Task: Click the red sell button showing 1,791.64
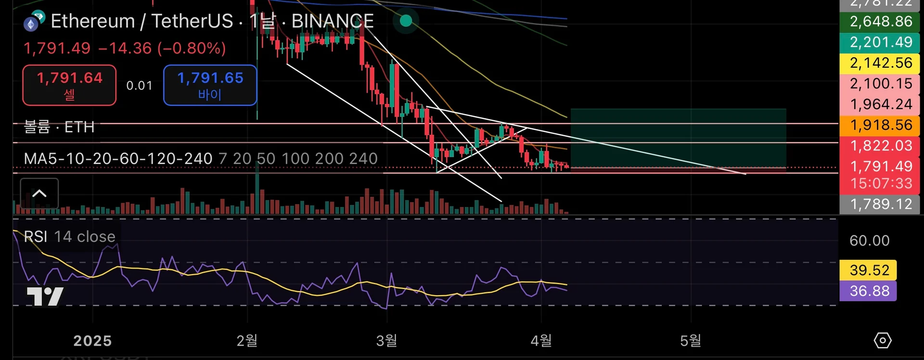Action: click(x=69, y=85)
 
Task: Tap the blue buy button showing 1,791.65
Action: click(x=210, y=85)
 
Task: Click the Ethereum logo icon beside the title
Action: click(x=31, y=24)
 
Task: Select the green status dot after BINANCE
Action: click(x=406, y=21)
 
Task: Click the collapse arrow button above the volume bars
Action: click(x=39, y=193)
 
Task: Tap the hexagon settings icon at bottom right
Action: click(x=882, y=340)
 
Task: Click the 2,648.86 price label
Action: click(x=880, y=22)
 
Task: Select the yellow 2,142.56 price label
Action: click(x=880, y=63)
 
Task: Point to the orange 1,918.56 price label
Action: click(x=880, y=125)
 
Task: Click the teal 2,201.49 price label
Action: click(x=880, y=42)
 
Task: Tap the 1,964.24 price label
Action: click(x=880, y=104)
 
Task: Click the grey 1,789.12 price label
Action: click(x=880, y=204)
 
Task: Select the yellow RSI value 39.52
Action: click(x=869, y=270)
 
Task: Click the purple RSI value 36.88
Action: click(x=869, y=291)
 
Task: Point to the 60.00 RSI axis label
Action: click(x=869, y=240)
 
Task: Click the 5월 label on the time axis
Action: click(x=690, y=341)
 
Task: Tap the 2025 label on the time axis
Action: click(x=92, y=341)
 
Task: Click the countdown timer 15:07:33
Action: click(x=881, y=183)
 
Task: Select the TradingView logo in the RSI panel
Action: click(x=45, y=296)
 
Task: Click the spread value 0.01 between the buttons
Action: click(x=139, y=86)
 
